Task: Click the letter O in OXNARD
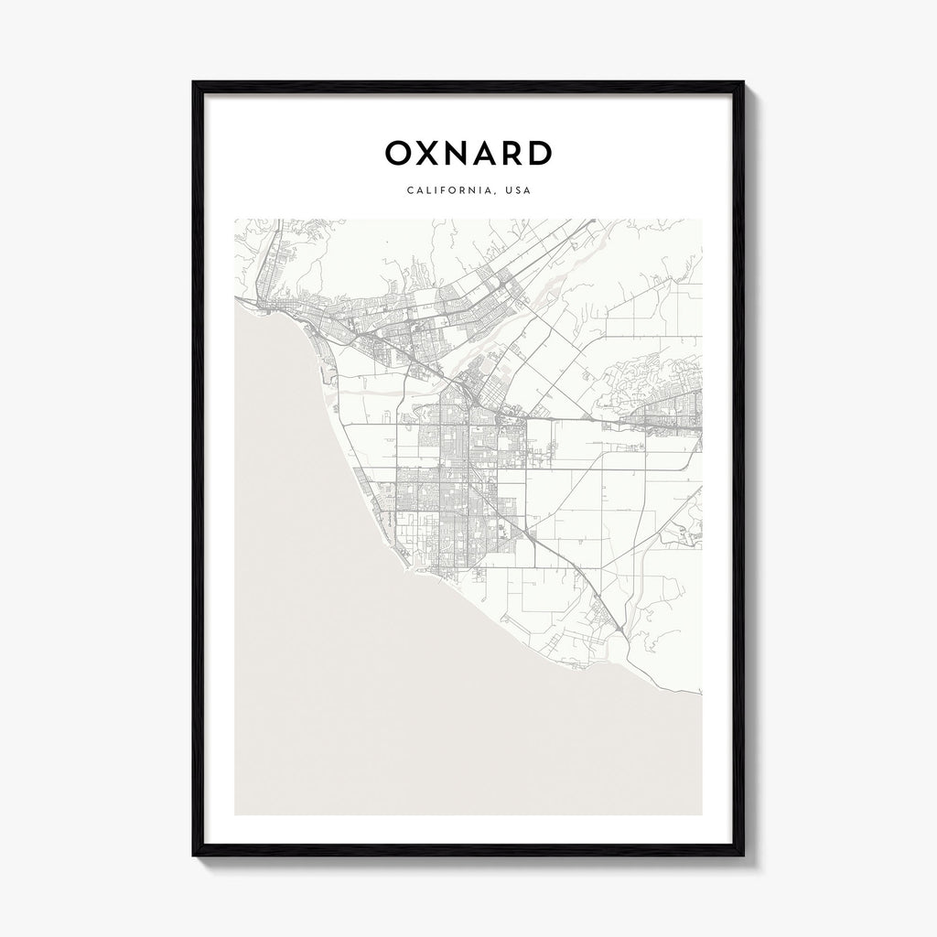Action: pos(400,154)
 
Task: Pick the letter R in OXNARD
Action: pos(517,154)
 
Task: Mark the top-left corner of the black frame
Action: pos(193,82)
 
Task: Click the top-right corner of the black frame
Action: pos(743,82)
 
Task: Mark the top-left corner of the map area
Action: pos(235,219)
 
